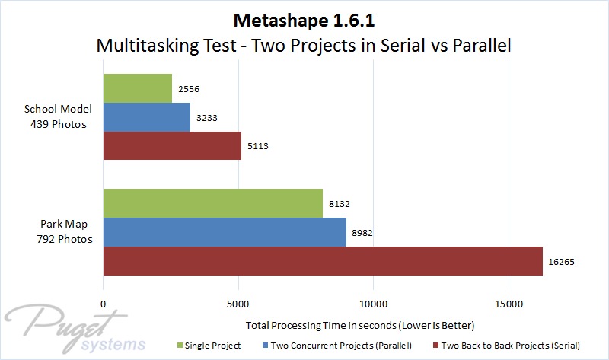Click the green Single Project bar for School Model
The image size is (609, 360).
point(137,88)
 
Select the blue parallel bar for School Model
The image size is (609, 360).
point(146,117)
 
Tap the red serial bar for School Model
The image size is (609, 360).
point(171,145)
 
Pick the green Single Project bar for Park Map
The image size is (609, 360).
point(212,203)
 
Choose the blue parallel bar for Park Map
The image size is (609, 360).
point(224,232)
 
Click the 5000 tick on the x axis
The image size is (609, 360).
point(238,304)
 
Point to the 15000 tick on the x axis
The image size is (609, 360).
point(509,304)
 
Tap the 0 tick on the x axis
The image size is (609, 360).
point(104,304)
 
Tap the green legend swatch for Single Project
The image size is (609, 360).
point(180,346)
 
